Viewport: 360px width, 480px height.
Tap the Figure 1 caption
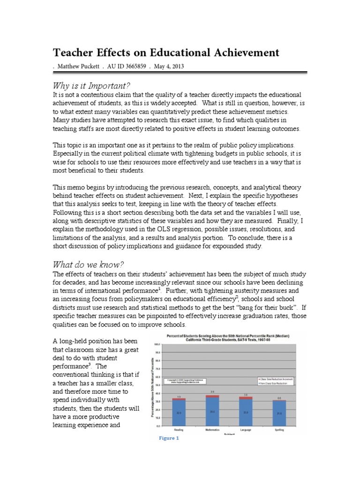click(169, 438)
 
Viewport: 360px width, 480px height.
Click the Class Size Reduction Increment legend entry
click(275, 378)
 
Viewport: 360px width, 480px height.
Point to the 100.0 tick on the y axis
click(157, 344)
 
